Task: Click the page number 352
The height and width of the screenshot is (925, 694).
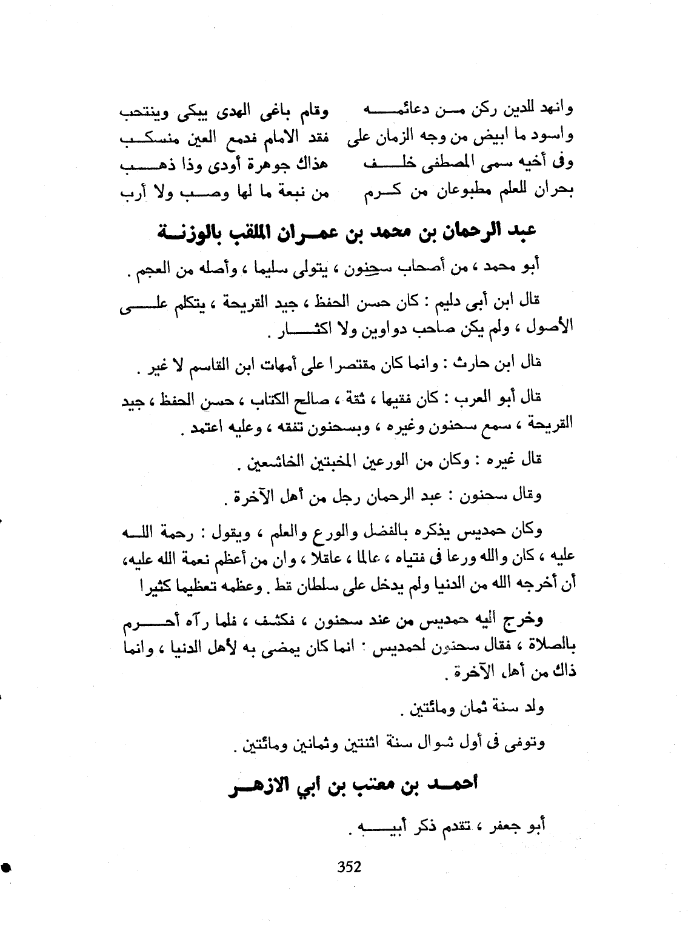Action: (349, 867)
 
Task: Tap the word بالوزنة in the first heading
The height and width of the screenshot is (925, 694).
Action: (191, 232)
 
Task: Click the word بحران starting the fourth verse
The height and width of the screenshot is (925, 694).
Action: (555, 193)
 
